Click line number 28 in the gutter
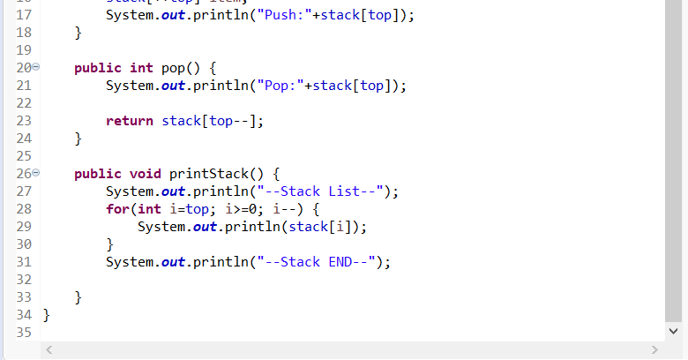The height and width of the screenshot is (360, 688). pyautogui.click(x=24, y=209)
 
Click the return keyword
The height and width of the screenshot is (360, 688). pyautogui.click(x=130, y=121)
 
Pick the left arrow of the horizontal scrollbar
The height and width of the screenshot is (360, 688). pyautogui.click(x=49, y=351)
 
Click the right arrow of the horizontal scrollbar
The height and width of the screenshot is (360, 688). pyautogui.click(x=654, y=351)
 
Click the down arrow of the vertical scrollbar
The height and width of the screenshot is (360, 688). pyautogui.click(x=674, y=332)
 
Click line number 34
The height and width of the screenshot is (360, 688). pyautogui.click(x=24, y=315)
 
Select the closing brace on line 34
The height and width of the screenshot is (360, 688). pyautogui.click(x=47, y=315)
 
